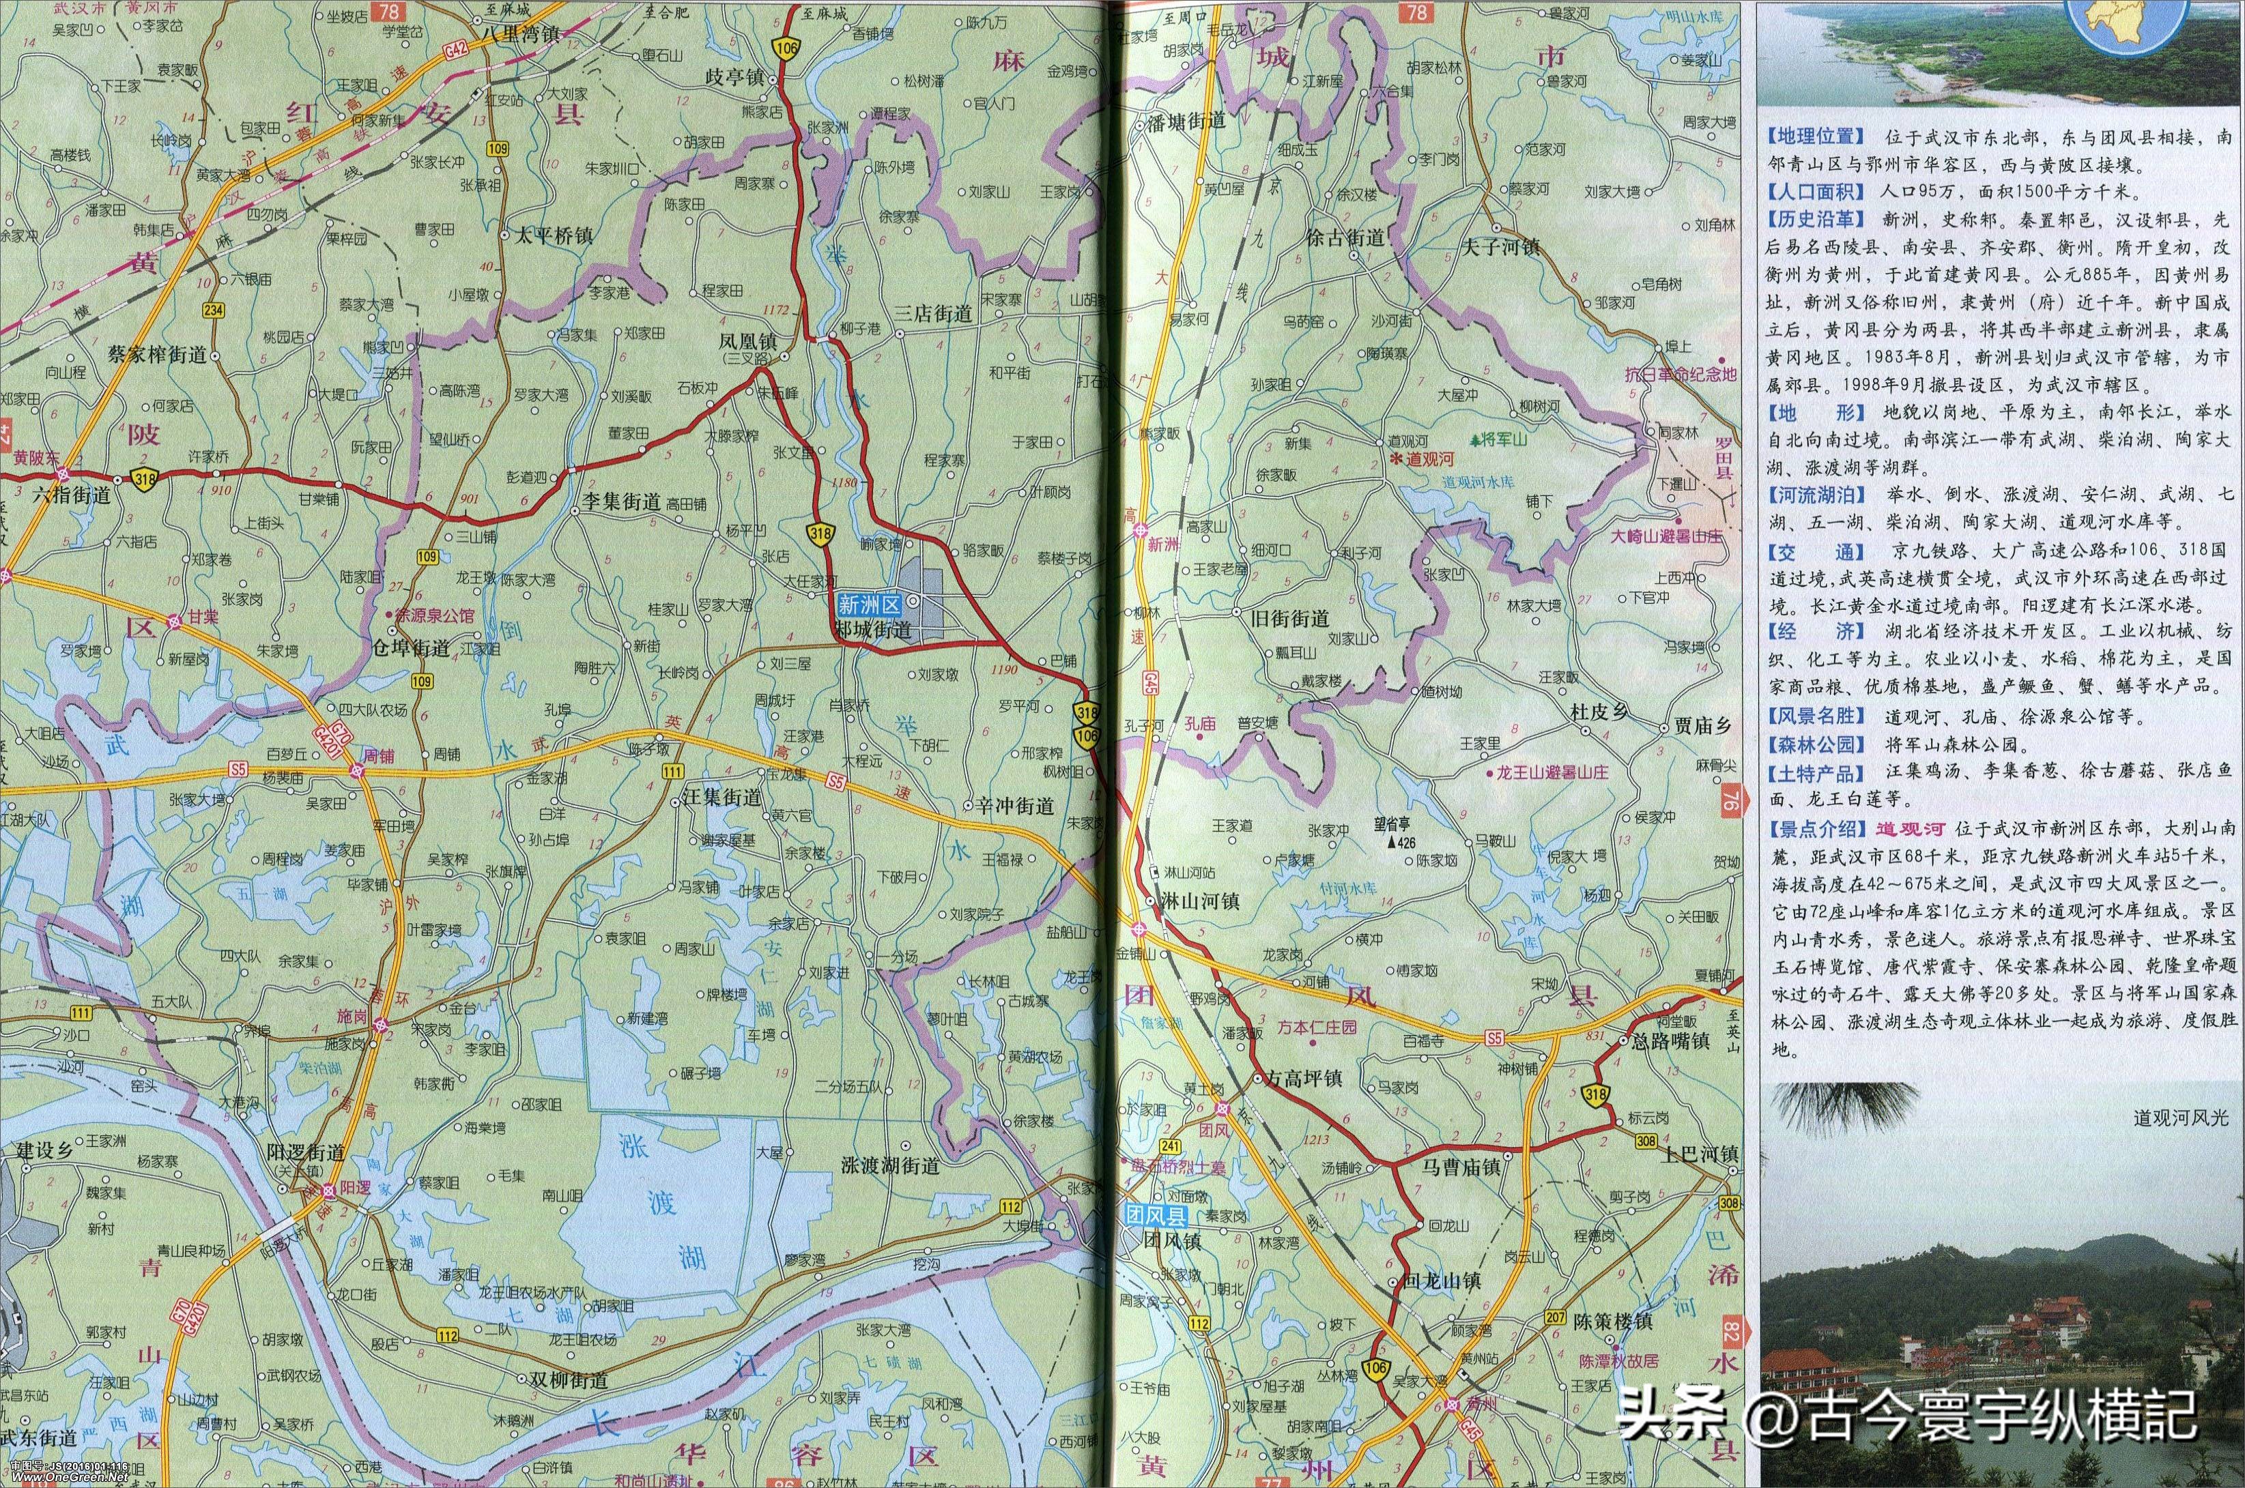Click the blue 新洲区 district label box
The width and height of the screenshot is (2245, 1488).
pyautogui.click(x=867, y=602)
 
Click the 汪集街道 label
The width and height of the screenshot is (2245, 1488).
pyautogui.click(x=721, y=798)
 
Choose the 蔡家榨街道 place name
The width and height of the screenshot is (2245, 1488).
pyautogui.click(x=158, y=355)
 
